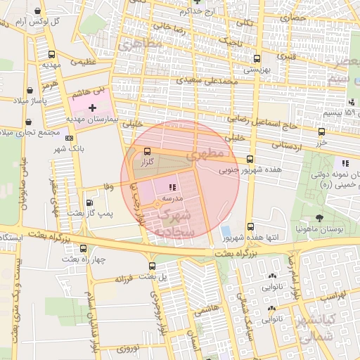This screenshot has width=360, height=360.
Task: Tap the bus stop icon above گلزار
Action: pyautogui.click(x=147, y=151)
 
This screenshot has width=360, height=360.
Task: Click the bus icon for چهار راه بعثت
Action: pyautogui.click(x=84, y=248)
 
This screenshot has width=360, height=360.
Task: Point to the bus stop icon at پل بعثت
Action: pyautogui.click(x=153, y=266)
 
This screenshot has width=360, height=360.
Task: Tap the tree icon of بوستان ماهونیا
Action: pyautogui.click(x=320, y=218)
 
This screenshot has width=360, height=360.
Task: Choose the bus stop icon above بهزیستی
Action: pyautogui.click(x=256, y=59)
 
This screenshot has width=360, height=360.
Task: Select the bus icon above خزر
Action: pyautogui.click(x=321, y=131)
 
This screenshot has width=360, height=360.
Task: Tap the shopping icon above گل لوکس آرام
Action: pyautogui.click(x=37, y=11)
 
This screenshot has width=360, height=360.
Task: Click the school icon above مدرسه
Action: pyautogui.click(x=172, y=187)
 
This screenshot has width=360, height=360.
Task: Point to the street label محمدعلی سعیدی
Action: pyautogui.click(x=207, y=81)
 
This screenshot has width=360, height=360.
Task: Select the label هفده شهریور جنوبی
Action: pyautogui.click(x=250, y=169)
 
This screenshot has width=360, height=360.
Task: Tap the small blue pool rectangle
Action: pyautogui.click(x=225, y=231)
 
